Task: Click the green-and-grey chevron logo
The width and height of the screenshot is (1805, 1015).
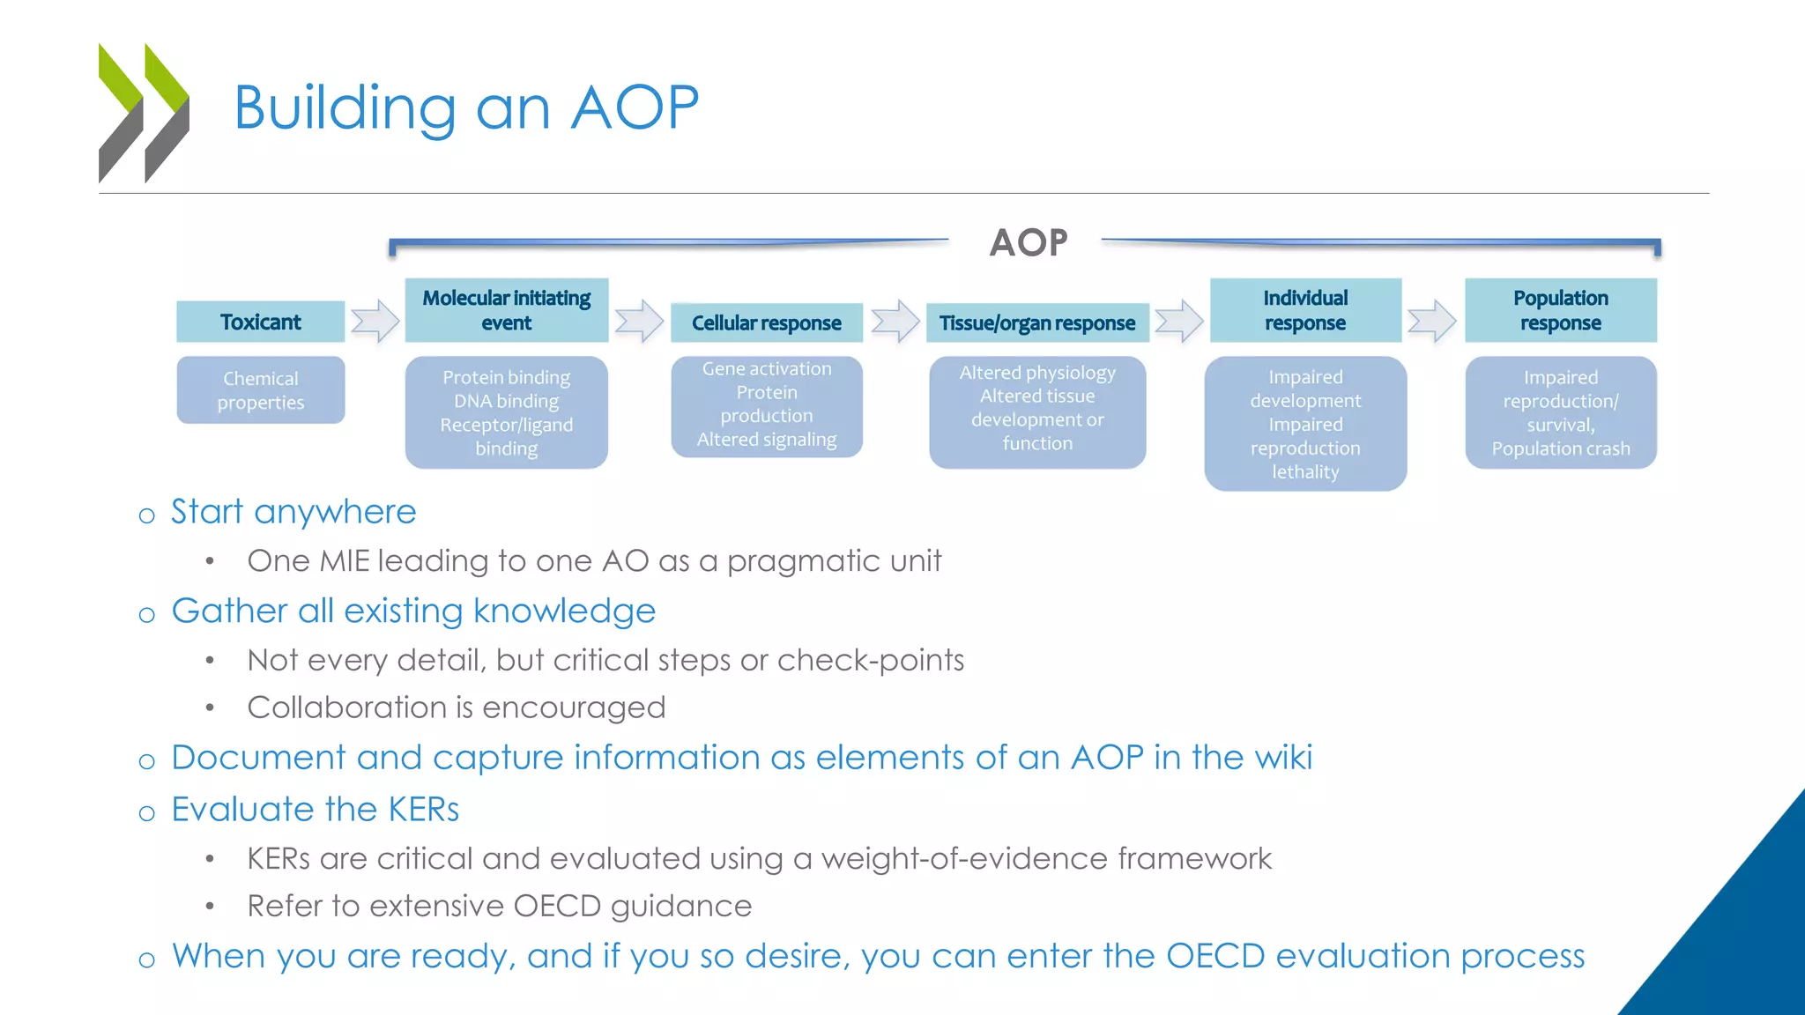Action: (144, 112)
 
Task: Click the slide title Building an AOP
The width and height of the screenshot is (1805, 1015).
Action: (466, 107)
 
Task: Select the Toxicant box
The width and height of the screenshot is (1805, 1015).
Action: (260, 322)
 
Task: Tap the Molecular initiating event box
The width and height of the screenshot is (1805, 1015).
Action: (506, 310)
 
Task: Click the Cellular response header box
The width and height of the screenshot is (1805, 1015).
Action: (766, 322)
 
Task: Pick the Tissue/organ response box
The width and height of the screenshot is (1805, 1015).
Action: (1036, 322)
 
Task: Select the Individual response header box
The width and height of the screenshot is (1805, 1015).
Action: (1304, 310)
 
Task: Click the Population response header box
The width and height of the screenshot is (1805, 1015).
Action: (1560, 310)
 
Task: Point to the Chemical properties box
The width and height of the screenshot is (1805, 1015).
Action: (260, 390)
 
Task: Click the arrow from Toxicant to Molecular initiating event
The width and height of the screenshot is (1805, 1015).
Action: (375, 321)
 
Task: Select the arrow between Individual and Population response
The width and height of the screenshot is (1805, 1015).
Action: (1432, 321)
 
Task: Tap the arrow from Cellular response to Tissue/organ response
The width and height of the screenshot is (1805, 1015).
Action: (895, 321)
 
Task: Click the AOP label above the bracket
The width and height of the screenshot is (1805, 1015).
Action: (1028, 242)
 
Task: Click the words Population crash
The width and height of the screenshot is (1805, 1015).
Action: (1560, 448)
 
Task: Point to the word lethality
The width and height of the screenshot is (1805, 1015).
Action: (1304, 471)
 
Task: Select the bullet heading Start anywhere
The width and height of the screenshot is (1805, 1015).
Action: (293, 512)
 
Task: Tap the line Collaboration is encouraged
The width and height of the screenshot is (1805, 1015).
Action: (456, 708)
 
